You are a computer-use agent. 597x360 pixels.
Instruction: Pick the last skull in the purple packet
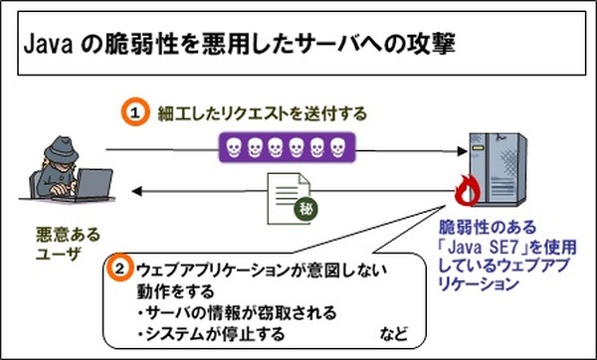[x=337, y=149]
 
